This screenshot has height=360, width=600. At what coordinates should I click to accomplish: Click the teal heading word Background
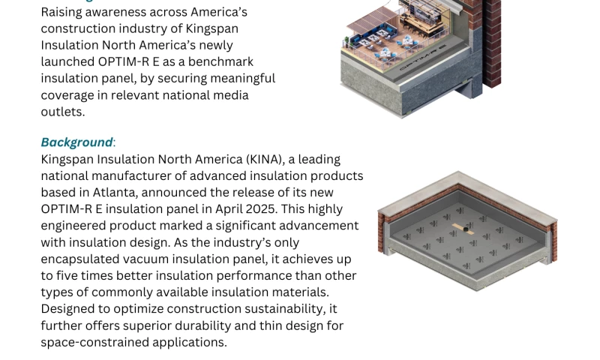pyautogui.click(x=76, y=142)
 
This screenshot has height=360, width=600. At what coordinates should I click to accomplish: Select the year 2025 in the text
pyautogui.click(x=260, y=209)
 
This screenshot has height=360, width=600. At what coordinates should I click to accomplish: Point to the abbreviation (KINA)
pyautogui.click(x=265, y=159)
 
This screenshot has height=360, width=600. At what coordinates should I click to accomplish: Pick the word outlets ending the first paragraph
pyautogui.click(x=63, y=112)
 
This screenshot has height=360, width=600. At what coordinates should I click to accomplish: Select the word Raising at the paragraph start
pyautogui.click(x=61, y=12)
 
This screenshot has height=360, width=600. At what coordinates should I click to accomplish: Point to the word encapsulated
pyautogui.click(x=80, y=259)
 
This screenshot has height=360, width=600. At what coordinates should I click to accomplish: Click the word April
pyautogui.click(x=229, y=209)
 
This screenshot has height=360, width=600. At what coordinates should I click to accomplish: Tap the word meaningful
pyautogui.click(x=242, y=79)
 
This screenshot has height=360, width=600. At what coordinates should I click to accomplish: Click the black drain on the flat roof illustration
pyautogui.click(x=466, y=229)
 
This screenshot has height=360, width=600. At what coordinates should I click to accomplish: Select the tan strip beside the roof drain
pyautogui.click(x=463, y=229)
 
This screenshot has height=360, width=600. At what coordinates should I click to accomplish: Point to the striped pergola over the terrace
pyautogui.click(x=372, y=20)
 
